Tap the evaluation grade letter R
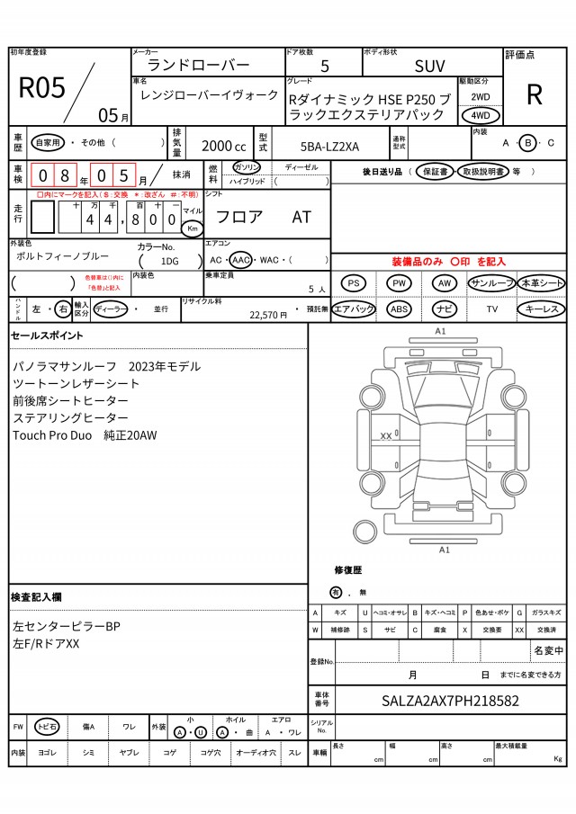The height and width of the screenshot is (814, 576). pos(534,94)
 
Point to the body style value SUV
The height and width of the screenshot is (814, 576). pos(429,67)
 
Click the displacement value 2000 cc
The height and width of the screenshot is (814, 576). pos(223,146)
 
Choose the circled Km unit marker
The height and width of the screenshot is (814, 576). pos(192,228)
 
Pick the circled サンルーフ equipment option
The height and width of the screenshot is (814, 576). pos(490,283)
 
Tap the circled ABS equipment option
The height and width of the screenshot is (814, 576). pos(399,309)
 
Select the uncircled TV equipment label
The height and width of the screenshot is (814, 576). pos(491,309)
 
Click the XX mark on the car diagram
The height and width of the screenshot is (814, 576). pos(386,435)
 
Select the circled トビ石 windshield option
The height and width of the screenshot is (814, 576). pos(47,726)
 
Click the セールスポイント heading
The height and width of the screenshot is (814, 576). pos(47,335)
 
